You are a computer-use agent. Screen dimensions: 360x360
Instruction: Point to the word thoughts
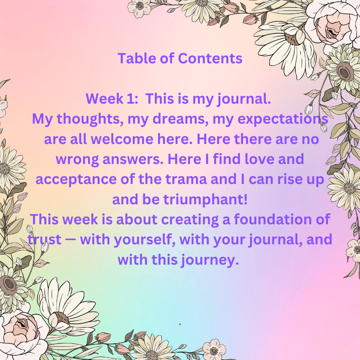[90, 119]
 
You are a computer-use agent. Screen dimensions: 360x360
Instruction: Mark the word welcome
[122, 139]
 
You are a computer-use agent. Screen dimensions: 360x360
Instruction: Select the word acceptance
[76, 179]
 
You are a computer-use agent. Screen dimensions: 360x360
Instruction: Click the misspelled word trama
[186, 179]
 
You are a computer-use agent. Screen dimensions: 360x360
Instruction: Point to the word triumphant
[205, 200]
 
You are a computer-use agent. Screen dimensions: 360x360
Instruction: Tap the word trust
[45, 239]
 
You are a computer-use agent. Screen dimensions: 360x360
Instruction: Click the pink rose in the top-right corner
[334, 24]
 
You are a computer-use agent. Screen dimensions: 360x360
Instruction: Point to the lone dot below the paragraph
[180, 324]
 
